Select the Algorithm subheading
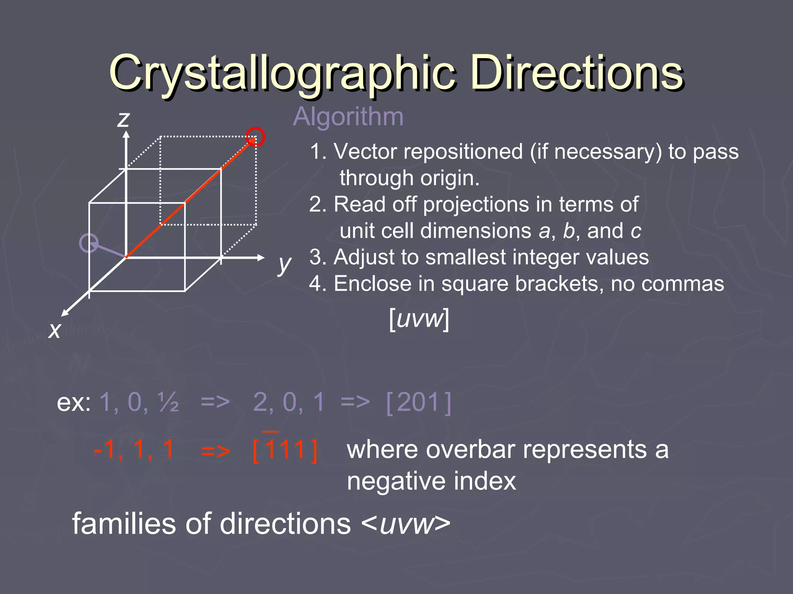(348, 116)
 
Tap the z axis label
(124, 119)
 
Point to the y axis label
(285, 265)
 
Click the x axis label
(55, 330)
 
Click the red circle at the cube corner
(256, 137)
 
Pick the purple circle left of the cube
(89, 243)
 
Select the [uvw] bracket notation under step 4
(419, 319)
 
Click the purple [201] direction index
(419, 403)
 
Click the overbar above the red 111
(270, 431)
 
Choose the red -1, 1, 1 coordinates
(134, 450)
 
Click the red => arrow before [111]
(215, 451)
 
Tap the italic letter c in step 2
(635, 231)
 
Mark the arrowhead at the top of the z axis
(126, 134)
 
